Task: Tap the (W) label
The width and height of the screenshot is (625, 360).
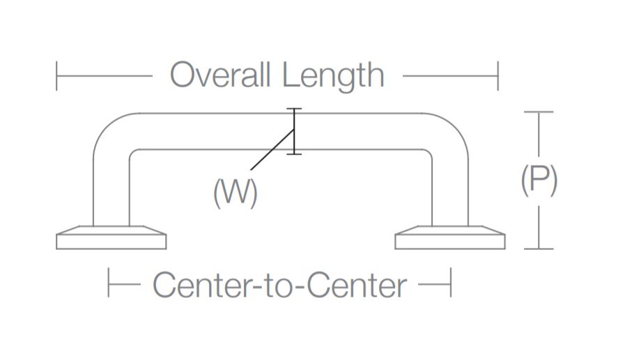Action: tap(235, 192)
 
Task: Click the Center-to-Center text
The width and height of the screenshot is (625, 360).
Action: tap(279, 285)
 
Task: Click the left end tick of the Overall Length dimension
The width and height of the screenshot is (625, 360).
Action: tap(56, 75)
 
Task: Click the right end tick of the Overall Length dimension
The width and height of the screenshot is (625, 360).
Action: tap(497, 75)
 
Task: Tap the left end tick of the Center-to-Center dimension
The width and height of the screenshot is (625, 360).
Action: tap(109, 284)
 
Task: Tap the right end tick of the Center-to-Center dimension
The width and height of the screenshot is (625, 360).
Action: tap(451, 284)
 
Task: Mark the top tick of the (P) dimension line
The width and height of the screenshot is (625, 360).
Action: tap(539, 111)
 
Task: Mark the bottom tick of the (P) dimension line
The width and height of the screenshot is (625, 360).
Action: tap(539, 249)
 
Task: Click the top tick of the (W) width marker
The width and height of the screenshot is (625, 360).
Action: tap(294, 109)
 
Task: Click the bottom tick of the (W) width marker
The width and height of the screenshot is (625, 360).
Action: tap(294, 153)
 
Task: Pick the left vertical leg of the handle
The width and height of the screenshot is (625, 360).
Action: tap(111, 188)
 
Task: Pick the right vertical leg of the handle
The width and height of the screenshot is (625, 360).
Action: tap(450, 188)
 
